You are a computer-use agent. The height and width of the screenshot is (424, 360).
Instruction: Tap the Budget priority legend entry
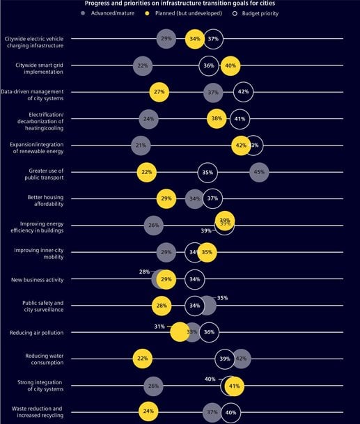click(x=258, y=13)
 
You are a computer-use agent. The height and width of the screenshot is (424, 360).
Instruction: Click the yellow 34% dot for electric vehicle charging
click(x=195, y=39)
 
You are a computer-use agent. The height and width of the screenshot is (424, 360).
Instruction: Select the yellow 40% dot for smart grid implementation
click(x=230, y=65)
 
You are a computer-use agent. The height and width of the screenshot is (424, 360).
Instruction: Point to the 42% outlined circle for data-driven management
click(x=243, y=92)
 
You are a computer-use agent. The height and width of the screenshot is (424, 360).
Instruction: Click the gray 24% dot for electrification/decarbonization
click(x=148, y=119)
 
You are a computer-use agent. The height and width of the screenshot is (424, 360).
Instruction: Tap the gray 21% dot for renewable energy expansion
click(x=141, y=146)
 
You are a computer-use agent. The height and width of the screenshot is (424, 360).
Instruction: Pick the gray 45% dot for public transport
click(x=259, y=172)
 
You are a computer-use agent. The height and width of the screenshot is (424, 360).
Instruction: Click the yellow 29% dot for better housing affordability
click(x=166, y=198)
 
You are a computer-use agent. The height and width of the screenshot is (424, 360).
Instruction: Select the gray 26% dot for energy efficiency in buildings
click(x=154, y=226)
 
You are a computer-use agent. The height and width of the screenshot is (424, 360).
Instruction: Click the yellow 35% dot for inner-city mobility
click(x=207, y=252)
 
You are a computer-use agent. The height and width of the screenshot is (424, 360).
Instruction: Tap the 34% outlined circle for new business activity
click(x=195, y=279)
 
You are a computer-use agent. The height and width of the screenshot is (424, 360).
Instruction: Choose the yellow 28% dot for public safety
click(x=162, y=306)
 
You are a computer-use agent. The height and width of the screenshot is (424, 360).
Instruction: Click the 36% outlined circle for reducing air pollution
click(x=208, y=332)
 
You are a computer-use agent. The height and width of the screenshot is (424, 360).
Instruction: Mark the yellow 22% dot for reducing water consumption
click(x=143, y=359)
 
